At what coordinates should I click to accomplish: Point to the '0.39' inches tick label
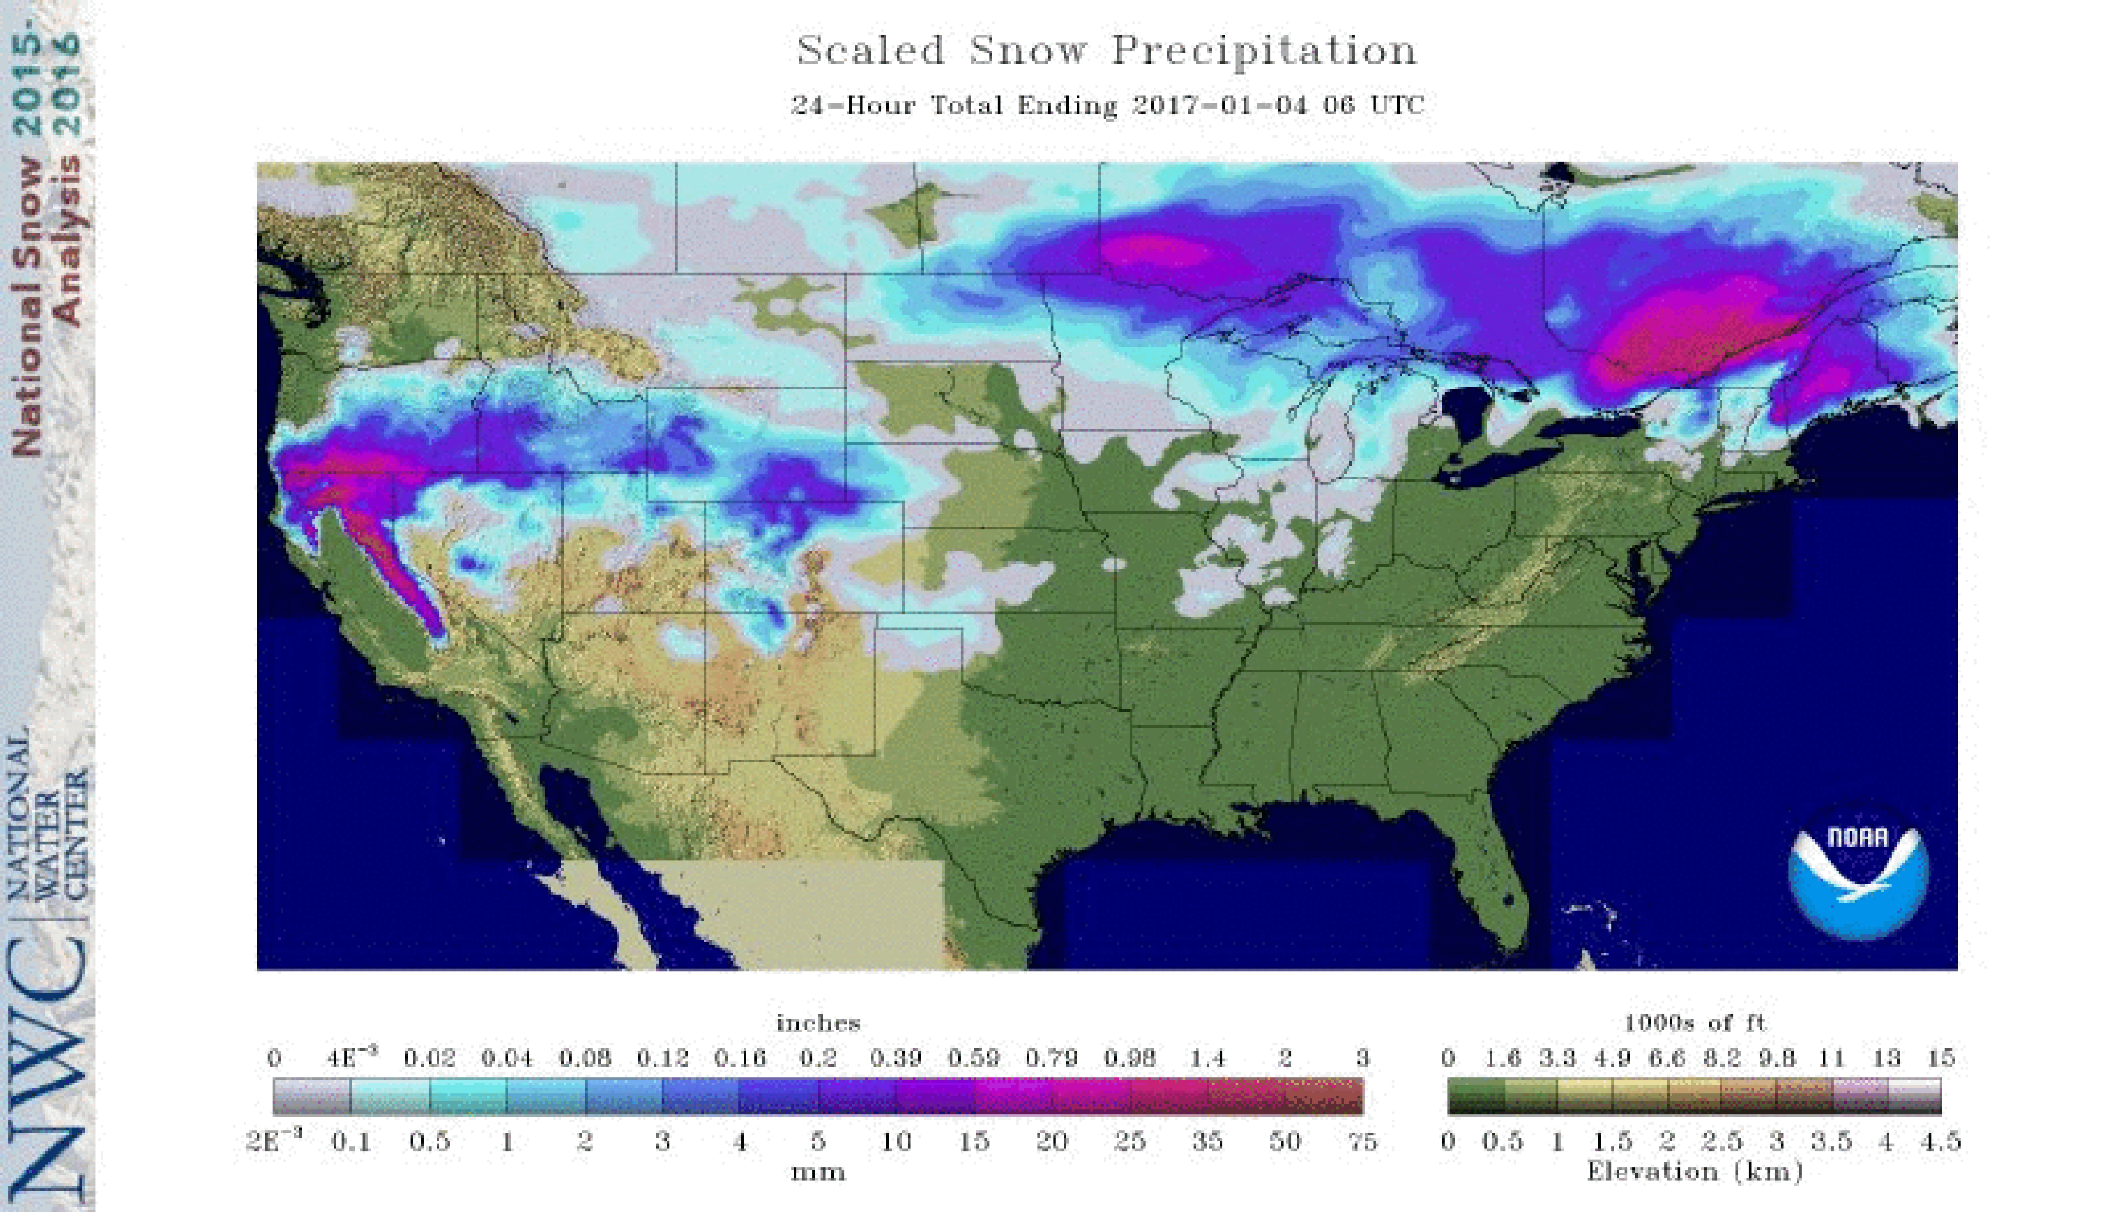[896, 1058]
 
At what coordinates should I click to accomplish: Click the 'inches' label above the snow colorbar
[818, 1022]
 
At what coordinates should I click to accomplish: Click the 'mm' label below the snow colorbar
[818, 1172]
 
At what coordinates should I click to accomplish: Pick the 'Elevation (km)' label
[1695, 1171]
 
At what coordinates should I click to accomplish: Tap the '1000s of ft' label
[1695, 1022]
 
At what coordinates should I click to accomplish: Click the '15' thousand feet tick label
[1940, 1058]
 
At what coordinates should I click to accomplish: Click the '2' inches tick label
[1285, 1058]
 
